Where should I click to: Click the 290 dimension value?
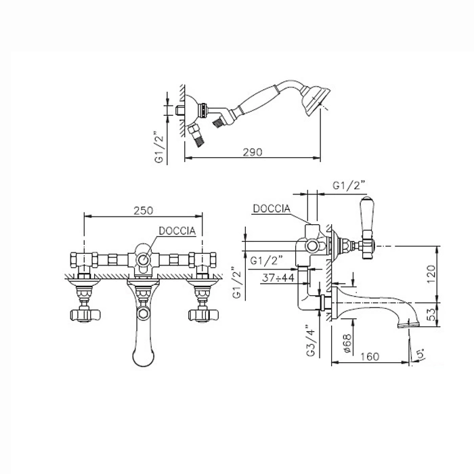253,152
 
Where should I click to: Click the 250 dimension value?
144,211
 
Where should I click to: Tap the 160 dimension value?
370,357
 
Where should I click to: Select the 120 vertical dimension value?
431,274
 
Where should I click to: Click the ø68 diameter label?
347,343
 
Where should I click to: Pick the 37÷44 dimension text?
278,278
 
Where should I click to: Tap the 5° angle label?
421,353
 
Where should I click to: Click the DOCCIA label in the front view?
177,231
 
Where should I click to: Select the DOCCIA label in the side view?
272,209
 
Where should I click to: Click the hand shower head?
315,101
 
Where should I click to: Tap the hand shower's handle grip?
257,99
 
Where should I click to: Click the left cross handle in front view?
85,315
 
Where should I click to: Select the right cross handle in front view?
203,315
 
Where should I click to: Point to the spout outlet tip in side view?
408,324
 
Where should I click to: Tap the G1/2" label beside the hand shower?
159,148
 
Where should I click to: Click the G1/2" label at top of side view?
349,185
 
